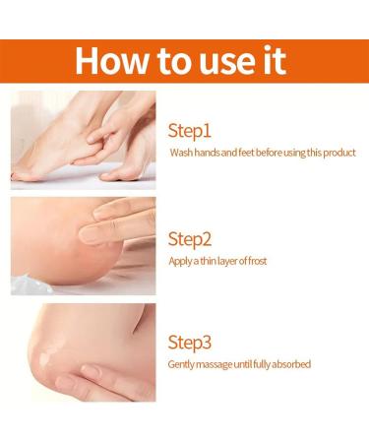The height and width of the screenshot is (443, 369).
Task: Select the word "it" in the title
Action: click(x=272, y=60)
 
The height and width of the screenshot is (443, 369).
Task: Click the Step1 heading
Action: click(x=190, y=131)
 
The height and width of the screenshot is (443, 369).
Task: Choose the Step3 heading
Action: click(x=191, y=343)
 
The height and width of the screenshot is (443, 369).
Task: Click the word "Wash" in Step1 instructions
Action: click(x=180, y=154)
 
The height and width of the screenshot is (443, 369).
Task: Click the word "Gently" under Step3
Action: click(x=182, y=365)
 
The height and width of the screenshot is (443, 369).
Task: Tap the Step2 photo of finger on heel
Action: click(x=83, y=245)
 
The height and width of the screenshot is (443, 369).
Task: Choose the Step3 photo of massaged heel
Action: click(x=83, y=351)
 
